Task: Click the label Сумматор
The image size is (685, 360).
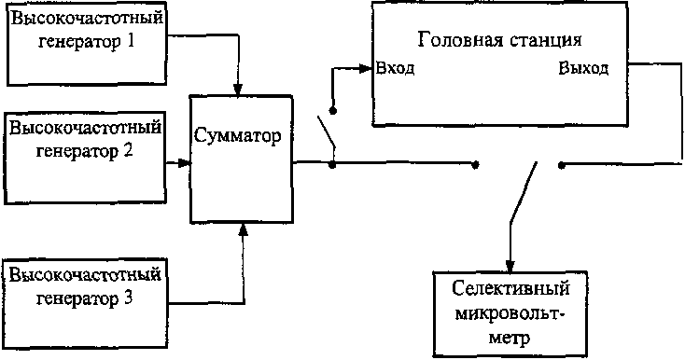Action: pyautogui.click(x=237, y=136)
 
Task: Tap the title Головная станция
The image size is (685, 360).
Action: pyautogui.click(x=499, y=40)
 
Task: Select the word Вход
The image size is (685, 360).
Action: pyautogui.click(x=395, y=68)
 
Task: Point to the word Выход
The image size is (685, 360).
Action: pyautogui.click(x=583, y=68)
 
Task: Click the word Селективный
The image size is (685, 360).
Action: pyautogui.click(x=510, y=289)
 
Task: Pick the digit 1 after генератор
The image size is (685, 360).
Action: pyautogui.click(x=129, y=42)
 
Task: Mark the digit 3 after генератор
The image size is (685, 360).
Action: pyautogui.click(x=128, y=298)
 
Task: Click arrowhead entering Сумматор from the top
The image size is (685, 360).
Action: pyautogui.click(x=238, y=90)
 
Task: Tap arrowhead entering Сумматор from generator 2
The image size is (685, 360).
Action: pyautogui.click(x=185, y=163)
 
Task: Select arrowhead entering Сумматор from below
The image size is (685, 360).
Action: pyautogui.click(x=244, y=230)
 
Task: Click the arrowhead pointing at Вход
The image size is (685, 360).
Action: pyautogui.click(x=366, y=68)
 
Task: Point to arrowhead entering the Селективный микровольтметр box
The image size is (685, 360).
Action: pyautogui.click(x=510, y=266)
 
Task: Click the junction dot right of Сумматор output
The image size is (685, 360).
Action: pyautogui.click(x=332, y=165)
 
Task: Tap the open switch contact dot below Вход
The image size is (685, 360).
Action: pyautogui.click(x=333, y=111)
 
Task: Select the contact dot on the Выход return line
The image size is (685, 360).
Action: pyautogui.click(x=562, y=165)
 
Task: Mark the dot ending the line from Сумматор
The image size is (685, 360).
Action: pyautogui.click(x=475, y=165)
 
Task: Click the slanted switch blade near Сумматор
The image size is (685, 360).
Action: pyautogui.click(x=327, y=132)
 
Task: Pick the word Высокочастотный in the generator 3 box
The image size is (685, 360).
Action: pyautogui.click(x=85, y=276)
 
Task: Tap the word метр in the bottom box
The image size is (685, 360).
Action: pyautogui.click(x=510, y=338)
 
